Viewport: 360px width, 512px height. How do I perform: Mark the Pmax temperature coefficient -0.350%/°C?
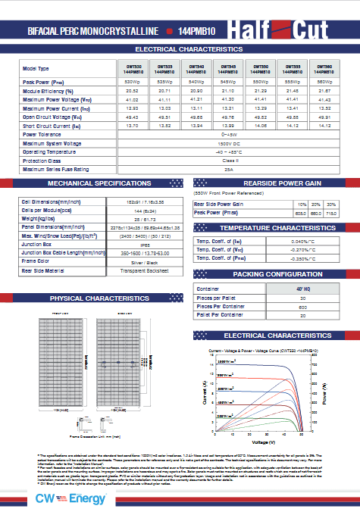[303, 259]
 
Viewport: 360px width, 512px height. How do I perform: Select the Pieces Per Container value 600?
[302, 307]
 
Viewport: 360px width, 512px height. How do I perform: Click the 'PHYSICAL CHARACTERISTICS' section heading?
[93, 299]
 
